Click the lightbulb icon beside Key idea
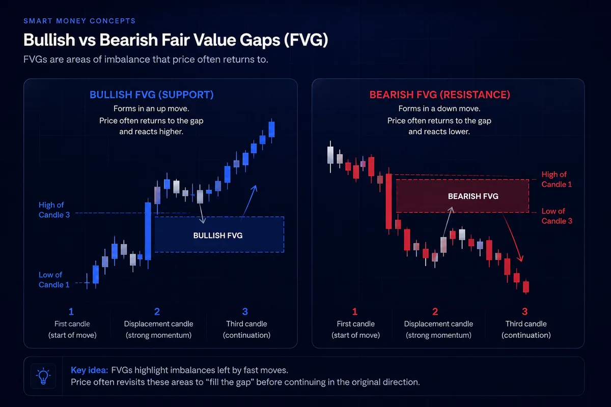pos(43,376)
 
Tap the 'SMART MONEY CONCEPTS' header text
pos(79,21)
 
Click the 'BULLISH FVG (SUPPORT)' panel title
pos(151,95)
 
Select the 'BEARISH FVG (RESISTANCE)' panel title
pos(440,95)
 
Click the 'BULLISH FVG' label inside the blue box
pos(218,235)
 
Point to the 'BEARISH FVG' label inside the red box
pos(473,196)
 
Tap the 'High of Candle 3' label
pos(54,210)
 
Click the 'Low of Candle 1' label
pos(54,280)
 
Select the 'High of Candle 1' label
pos(557,180)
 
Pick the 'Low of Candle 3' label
pos(557,216)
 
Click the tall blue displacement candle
pos(148,231)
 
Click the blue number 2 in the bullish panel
pos(157,311)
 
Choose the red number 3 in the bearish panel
pos(524,311)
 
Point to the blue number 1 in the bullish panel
pos(71,311)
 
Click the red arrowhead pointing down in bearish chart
pos(521,258)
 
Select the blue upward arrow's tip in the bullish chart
pos(256,186)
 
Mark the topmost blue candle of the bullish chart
pos(272,129)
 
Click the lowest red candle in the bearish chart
pos(526,286)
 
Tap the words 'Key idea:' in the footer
pos(90,370)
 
